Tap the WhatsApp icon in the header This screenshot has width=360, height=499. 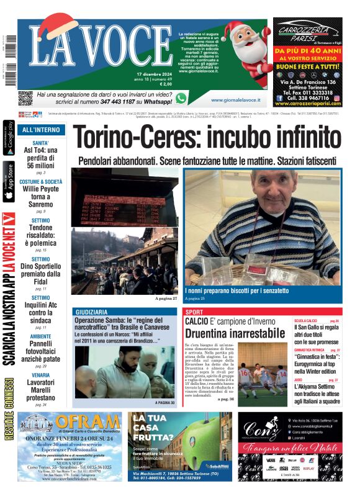[181, 98]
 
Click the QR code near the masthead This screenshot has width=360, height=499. [25, 98]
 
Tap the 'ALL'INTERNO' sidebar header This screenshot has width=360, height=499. [41, 130]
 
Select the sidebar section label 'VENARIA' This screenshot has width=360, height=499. [41, 375]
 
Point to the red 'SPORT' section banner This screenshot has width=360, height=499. [194, 312]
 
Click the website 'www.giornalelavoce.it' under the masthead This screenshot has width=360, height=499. [235, 100]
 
